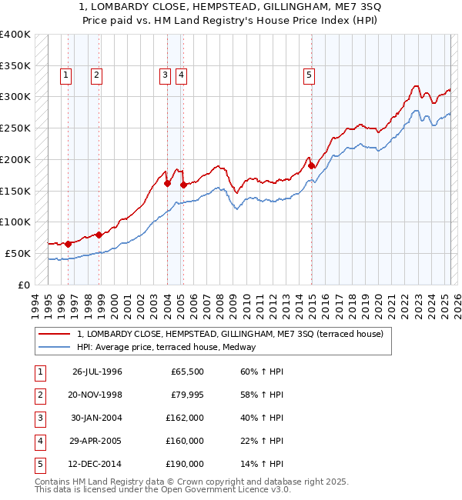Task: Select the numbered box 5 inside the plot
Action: coord(309,75)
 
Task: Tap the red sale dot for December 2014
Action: coord(312,165)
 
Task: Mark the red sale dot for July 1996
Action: coord(68,244)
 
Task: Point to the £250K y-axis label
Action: coord(15,128)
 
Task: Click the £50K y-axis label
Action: coord(18,253)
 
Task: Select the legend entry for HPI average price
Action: coord(166,347)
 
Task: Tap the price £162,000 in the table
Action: coord(185,418)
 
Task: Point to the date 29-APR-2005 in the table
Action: coord(98,441)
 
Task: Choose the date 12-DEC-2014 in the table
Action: coord(97,464)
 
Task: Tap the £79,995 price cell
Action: coord(186,395)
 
